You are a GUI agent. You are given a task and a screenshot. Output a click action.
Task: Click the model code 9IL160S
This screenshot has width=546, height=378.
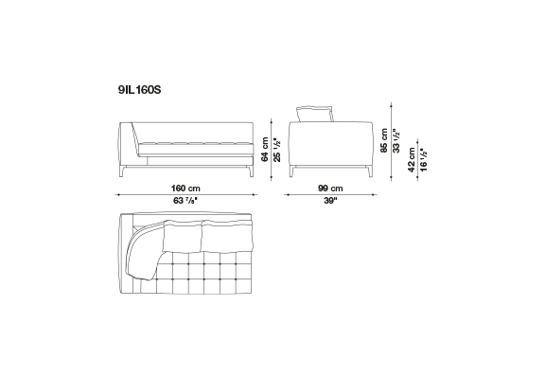(x=140, y=90)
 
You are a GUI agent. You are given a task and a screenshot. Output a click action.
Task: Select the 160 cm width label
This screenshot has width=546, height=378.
(x=185, y=189)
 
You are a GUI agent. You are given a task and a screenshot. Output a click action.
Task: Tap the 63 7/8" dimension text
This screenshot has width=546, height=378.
(x=185, y=201)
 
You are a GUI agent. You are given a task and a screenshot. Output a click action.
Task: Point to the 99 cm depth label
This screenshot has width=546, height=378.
(x=330, y=189)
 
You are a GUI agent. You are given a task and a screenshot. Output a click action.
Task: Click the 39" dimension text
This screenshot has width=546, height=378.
(x=330, y=201)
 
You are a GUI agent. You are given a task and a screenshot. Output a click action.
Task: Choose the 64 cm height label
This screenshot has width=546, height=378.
(x=265, y=150)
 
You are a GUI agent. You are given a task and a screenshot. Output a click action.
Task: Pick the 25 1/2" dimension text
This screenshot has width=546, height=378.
(x=277, y=150)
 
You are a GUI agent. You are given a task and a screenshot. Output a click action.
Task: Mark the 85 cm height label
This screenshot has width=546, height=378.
(x=384, y=140)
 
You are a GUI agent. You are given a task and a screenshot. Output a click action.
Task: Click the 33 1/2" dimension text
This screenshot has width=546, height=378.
(x=396, y=140)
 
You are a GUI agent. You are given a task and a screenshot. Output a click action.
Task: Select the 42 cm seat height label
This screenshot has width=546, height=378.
(x=412, y=160)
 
